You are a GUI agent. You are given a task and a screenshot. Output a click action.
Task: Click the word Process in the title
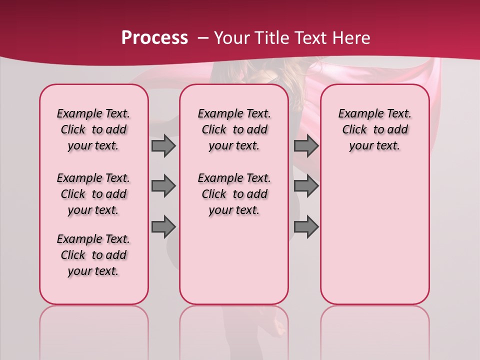[x=154, y=37]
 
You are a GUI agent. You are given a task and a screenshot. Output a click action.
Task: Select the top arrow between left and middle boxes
[x=163, y=145]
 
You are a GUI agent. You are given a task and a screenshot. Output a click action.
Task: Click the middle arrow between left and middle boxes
[x=163, y=186]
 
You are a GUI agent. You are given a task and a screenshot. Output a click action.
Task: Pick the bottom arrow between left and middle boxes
[x=163, y=227]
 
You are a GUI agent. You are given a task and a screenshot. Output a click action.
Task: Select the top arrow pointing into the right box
[x=306, y=145]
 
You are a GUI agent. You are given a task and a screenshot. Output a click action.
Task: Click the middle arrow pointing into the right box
[x=306, y=186]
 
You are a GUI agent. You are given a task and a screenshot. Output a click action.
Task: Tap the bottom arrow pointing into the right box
[x=306, y=227]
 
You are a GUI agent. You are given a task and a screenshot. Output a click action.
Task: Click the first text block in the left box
[x=93, y=129]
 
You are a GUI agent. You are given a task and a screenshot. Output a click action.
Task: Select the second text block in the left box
[x=93, y=194]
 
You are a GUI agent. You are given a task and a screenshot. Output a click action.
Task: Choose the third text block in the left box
[x=93, y=255]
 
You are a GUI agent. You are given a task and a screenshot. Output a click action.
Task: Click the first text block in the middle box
[x=234, y=129]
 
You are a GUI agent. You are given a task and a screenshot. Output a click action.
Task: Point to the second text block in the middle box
[x=234, y=194]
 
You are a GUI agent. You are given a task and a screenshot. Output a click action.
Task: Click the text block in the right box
[x=374, y=129]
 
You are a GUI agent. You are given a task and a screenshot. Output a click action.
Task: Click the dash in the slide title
[x=203, y=38]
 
